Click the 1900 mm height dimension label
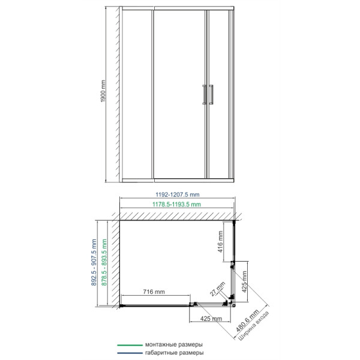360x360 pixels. [103, 91]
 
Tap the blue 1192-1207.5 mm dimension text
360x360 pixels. [178, 194]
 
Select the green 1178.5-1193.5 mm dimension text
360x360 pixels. [176, 205]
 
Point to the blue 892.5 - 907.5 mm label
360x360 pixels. [94, 262]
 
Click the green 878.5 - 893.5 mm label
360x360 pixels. [104, 262]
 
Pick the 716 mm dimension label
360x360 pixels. [154, 292]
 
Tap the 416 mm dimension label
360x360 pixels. [220, 242]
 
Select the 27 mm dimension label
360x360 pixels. [217, 289]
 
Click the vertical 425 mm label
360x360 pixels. [244, 282]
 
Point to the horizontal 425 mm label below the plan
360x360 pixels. [211, 319]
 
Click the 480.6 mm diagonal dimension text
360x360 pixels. [247, 320]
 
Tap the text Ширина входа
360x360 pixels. [254, 326]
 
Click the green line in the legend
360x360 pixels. [130, 345]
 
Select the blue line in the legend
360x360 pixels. [130, 353]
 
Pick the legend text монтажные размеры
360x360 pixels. [174, 344]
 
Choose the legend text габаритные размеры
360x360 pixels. [174, 353]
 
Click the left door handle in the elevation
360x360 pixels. [205, 95]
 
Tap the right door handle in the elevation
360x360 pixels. [211, 95]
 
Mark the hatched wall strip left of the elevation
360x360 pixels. [118, 94]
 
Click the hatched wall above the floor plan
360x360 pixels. [177, 216]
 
